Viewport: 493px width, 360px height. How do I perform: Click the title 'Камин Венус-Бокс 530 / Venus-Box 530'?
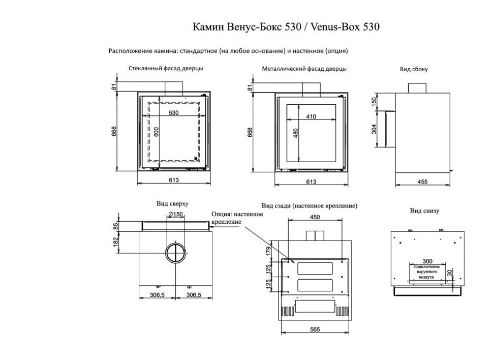pyautogui.click(x=286, y=27)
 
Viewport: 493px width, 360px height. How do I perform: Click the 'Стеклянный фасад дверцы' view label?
pyautogui.click(x=166, y=68)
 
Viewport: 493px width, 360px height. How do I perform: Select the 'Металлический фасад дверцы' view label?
pyautogui.click(x=304, y=68)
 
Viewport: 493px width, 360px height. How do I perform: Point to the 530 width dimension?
pyautogui.click(x=173, y=113)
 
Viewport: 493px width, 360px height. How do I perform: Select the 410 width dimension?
pyautogui.click(x=311, y=117)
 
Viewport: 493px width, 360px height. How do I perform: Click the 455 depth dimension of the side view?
pyautogui.click(x=421, y=182)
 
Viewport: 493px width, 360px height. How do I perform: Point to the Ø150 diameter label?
pyautogui.click(x=175, y=214)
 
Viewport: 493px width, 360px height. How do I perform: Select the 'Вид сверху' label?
pyautogui.click(x=172, y=203)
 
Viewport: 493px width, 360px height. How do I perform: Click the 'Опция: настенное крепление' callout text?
pyautogui.click(x=237, y=218)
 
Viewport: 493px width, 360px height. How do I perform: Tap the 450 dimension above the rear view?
pyautogui.click(x=315, y=217)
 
